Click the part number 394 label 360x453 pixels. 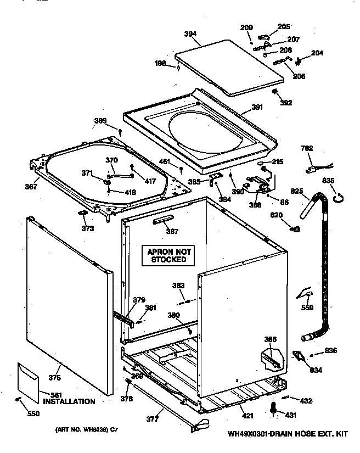point(190,34)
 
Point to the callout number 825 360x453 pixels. point(296,191)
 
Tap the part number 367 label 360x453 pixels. point(31,187)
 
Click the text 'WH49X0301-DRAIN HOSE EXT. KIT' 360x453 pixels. point(288,434)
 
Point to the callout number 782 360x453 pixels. point(308,148)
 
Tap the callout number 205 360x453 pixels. point(284,26)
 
